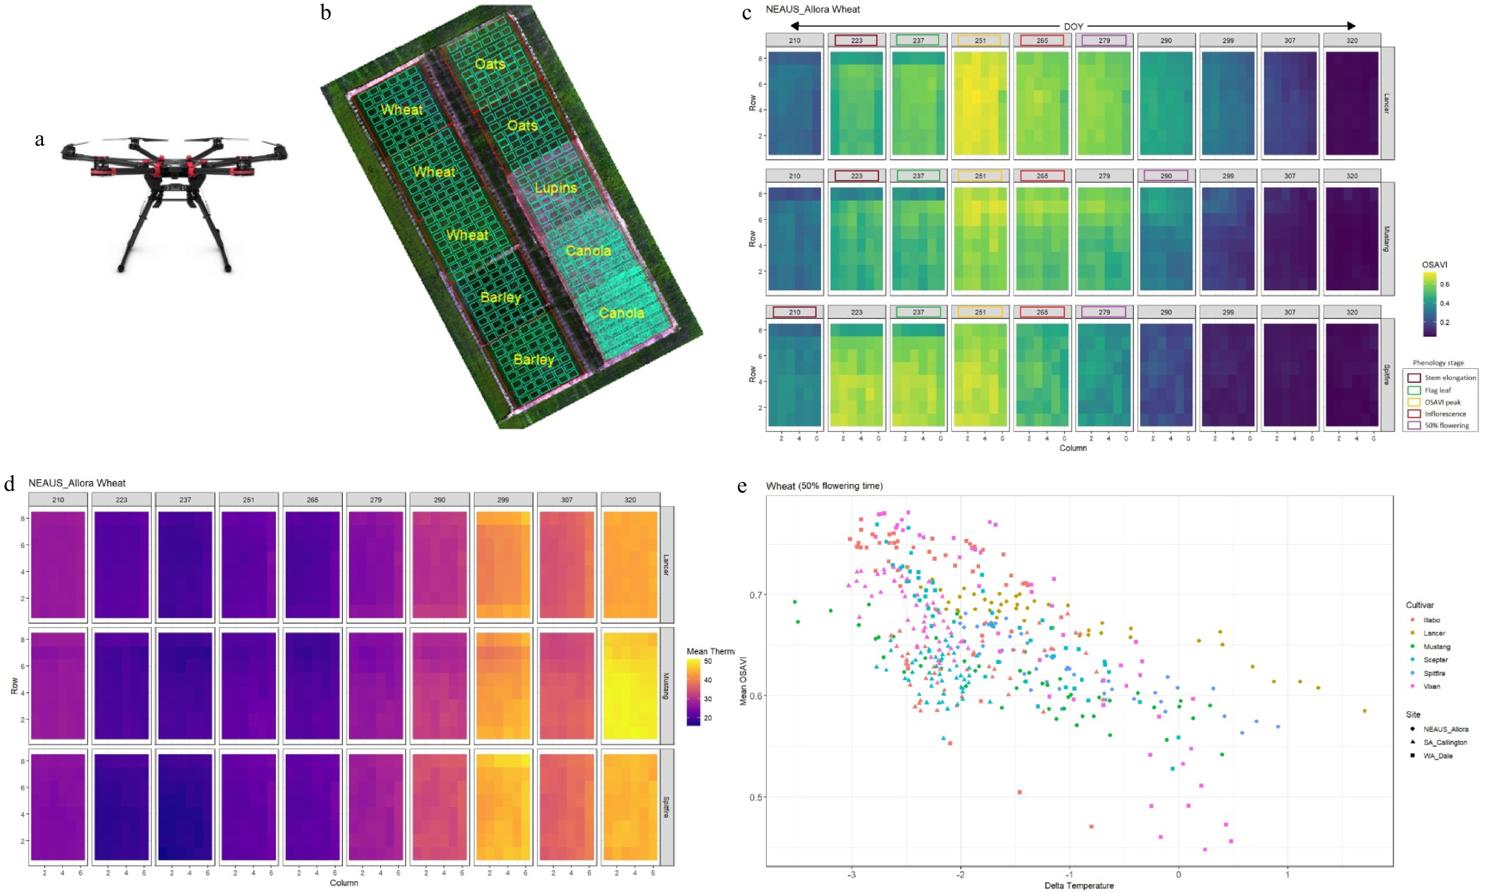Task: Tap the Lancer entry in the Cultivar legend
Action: [x=1433, y=633]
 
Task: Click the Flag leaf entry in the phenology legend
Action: [x=1437, y=390]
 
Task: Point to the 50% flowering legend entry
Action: [x=1446, y=425]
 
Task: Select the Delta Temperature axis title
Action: [x=1079, y=885]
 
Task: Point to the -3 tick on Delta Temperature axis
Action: [x=851, y=874]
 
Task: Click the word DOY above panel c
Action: [x=1073, y=26]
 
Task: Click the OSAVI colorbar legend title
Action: [x=1434, y=265]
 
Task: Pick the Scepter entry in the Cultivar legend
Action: [x=1435, y=660]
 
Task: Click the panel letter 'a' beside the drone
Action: [x=40, y=140]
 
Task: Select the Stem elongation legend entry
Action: [x=1449, y=378]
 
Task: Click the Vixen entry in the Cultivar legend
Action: [x=1431, y=686]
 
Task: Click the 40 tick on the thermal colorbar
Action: [x=708, y=680]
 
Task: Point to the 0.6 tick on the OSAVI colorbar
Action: [x=1444, y=284]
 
